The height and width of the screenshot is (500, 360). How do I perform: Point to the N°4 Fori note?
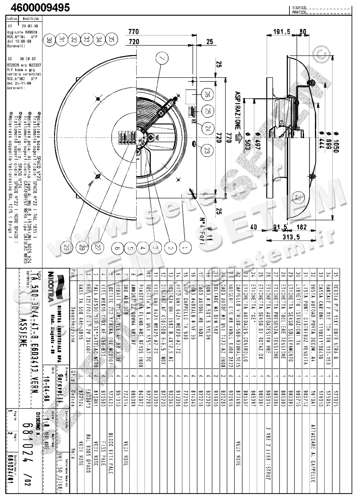202,230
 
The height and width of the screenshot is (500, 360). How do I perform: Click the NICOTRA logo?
51,286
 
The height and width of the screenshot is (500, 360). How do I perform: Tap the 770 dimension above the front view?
133,32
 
